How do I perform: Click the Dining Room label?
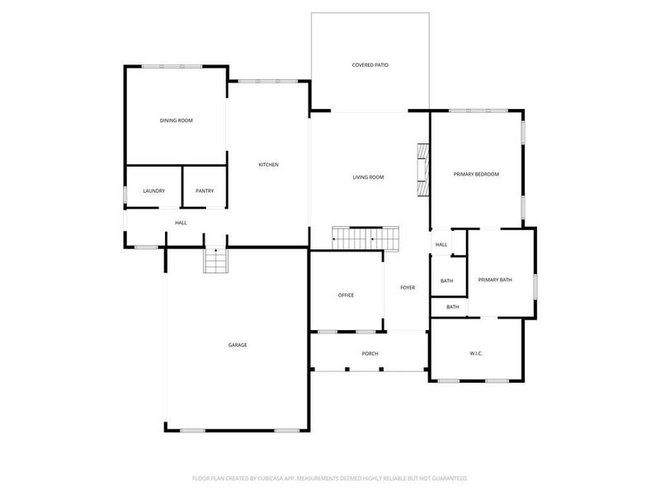176,121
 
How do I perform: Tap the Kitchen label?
269,165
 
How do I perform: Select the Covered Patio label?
370,64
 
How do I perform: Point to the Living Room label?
368,177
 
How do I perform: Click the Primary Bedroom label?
476,174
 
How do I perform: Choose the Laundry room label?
153,191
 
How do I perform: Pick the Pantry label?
205,191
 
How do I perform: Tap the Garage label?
238,345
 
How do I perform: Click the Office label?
346,295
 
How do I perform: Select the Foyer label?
408,288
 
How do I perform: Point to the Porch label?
370,354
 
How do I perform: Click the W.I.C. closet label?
476,354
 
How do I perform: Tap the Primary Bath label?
495,280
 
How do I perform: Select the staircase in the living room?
365,238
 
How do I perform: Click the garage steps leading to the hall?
214,262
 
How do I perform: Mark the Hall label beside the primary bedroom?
441,244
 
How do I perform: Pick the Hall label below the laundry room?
181,223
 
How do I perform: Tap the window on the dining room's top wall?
171,66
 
